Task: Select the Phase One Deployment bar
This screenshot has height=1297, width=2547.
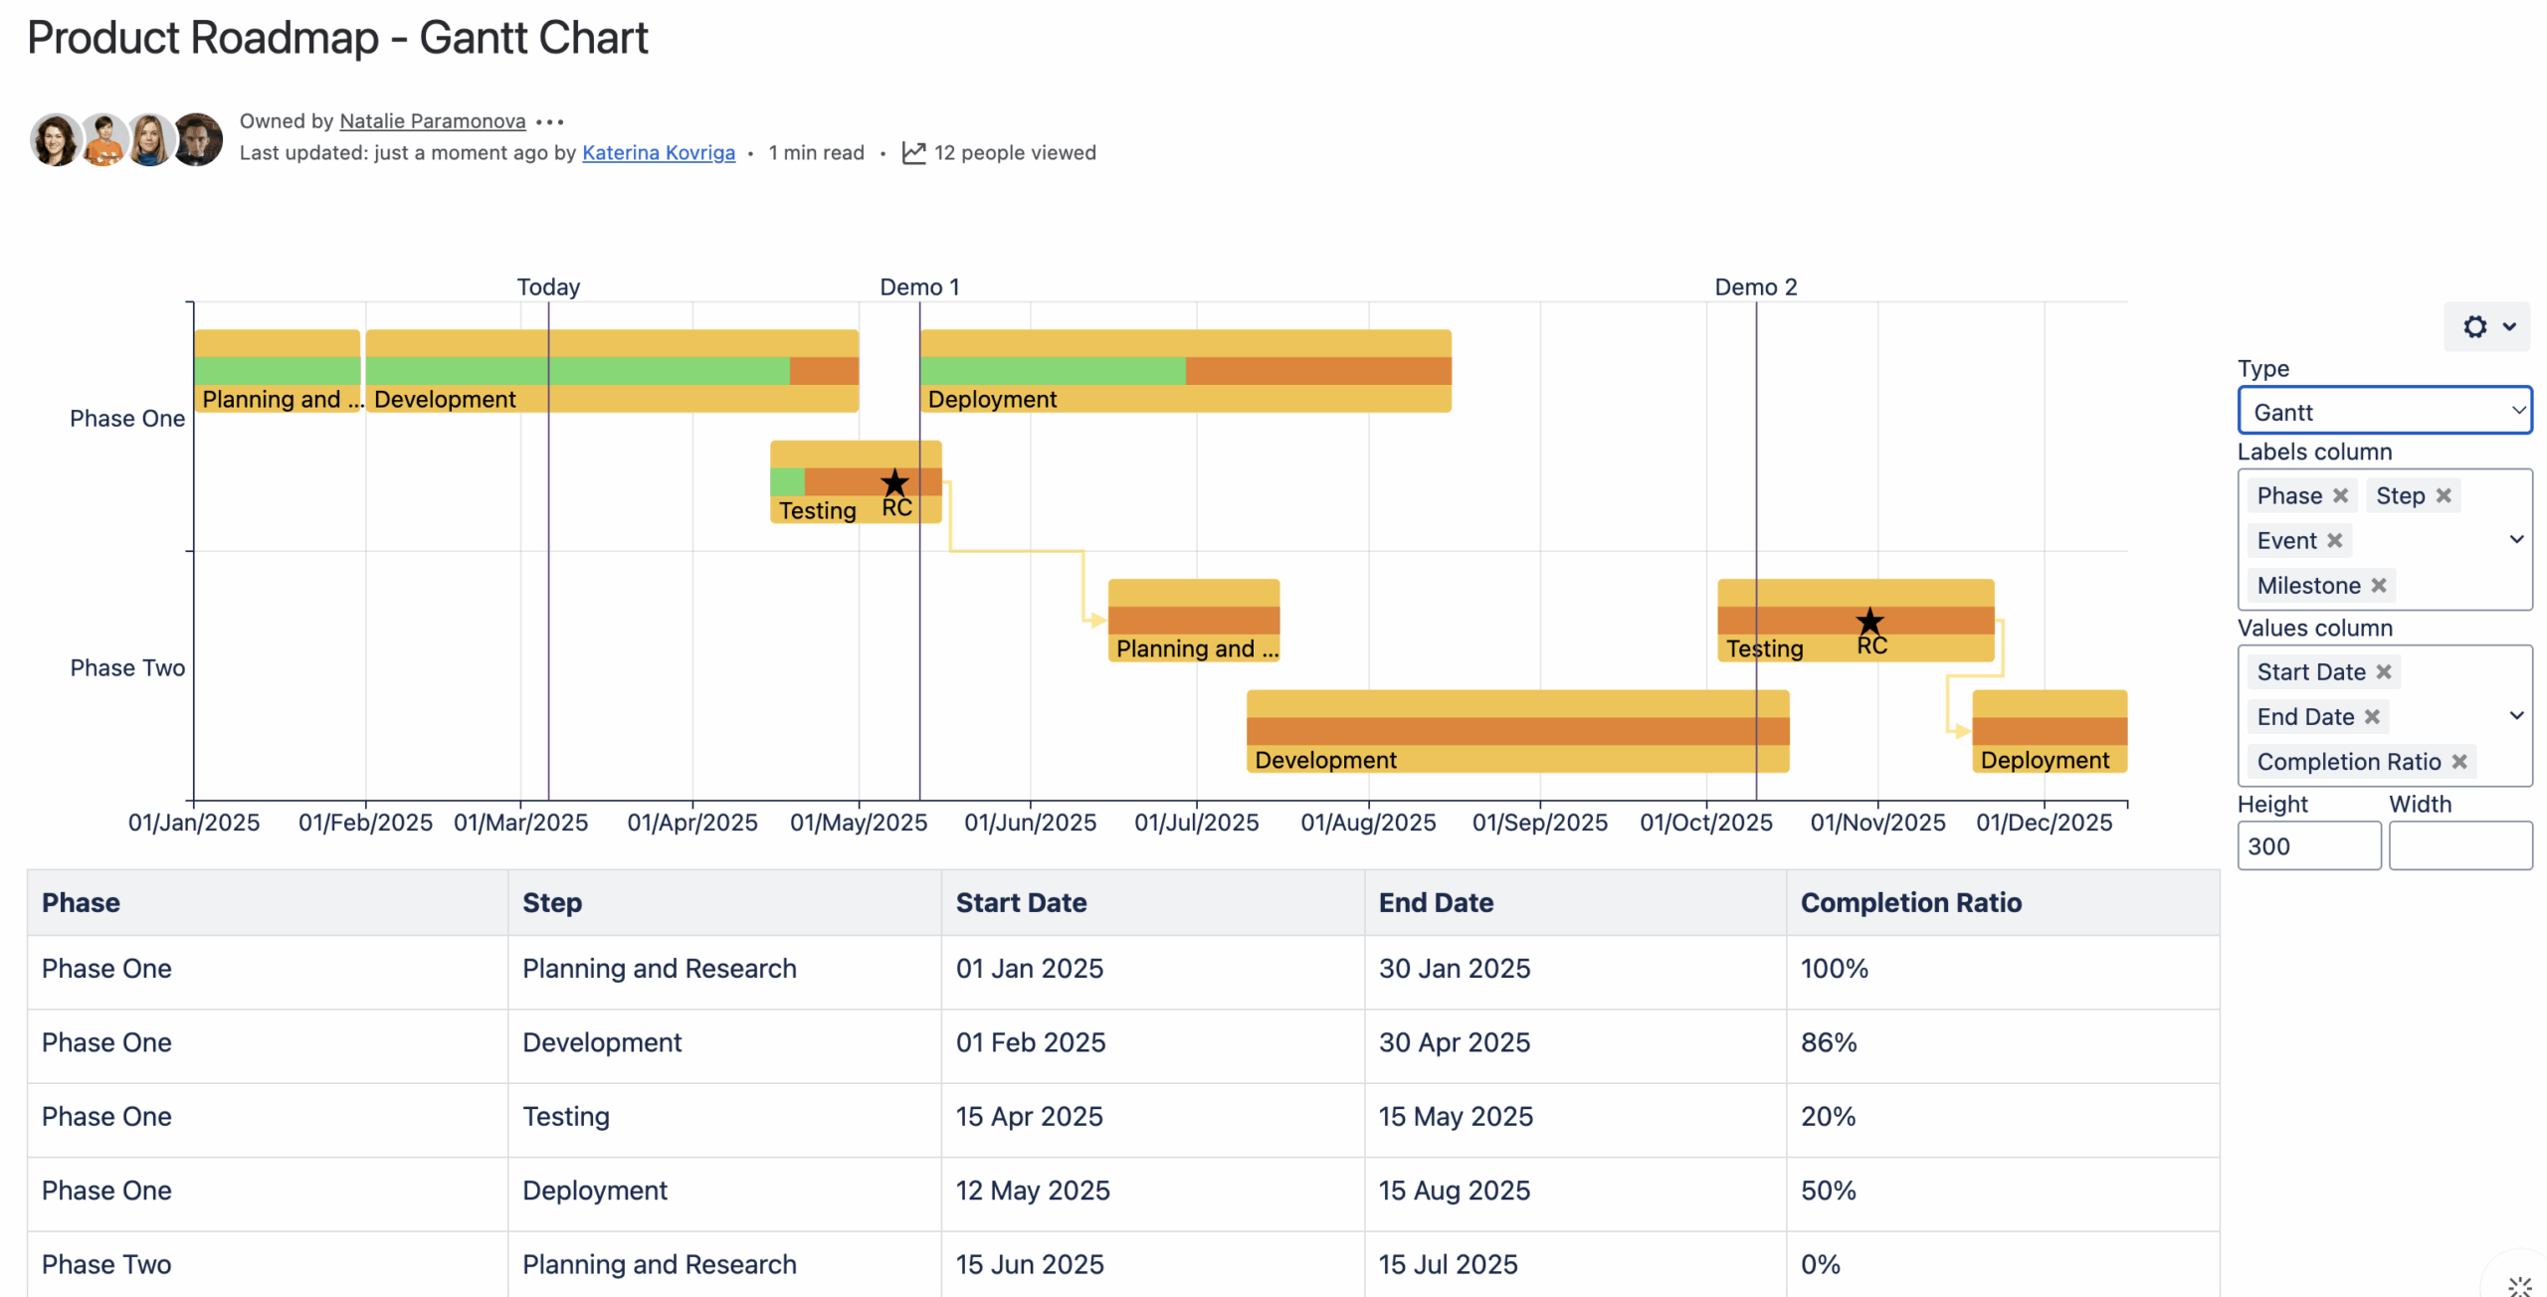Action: [x=1184, y=371]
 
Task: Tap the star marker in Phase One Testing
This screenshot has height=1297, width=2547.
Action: [x=894, y=483]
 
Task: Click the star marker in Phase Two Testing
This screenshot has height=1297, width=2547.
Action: [x=1869, y=622]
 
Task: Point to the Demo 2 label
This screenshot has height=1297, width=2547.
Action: [x=1755, y=287]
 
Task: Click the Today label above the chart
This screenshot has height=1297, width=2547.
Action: [x=548, y=287]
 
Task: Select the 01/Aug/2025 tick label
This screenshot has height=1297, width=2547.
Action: [x=1368, y=824]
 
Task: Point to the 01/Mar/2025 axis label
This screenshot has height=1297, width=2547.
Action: [x=520, y=824]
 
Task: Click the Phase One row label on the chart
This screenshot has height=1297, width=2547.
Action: [x=126, y=419]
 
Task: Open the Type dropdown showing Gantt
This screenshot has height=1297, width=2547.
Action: [x=2384, y=412]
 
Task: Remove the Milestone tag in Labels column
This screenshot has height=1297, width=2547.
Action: [x=2379, y=586]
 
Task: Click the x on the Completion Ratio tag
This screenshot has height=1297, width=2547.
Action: [x=2459, y=762]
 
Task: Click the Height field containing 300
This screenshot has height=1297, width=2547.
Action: [x=2308, y=846]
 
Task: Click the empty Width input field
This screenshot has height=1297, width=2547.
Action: [x=2459, y=846]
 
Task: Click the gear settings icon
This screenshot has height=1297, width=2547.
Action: [x=2474, y=327]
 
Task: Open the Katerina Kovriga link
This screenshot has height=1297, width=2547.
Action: [x=658, y=153]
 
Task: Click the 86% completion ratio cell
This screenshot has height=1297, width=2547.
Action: [x=1829, y=1042]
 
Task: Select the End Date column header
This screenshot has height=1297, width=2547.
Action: [x=1435, y=903]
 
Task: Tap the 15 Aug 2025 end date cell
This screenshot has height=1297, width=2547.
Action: [x=1454, y=1191]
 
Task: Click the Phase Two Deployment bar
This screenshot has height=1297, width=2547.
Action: [x=2050, y=731]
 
